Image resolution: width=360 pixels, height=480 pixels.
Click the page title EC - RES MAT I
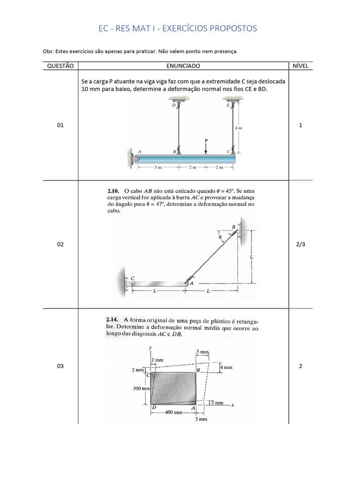pos(178,29)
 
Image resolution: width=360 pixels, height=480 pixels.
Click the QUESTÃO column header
pos(60,66)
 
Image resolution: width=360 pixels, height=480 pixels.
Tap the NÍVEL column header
pos(300,66)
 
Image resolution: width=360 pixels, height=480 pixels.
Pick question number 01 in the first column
pos(60,126)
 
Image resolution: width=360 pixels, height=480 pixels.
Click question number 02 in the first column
pos(60,244)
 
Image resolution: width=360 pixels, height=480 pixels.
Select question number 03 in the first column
pos(60,366)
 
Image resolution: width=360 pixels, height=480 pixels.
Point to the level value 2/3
pos(300,244)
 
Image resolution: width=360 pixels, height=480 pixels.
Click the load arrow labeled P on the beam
pos(206,147)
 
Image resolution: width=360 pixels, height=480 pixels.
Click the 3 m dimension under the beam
pos(157,167)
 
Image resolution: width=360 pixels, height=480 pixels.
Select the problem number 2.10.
pos(114,192)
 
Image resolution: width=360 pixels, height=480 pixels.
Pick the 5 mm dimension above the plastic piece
pos(202,352)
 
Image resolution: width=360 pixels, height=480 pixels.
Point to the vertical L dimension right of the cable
pos(252,257)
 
